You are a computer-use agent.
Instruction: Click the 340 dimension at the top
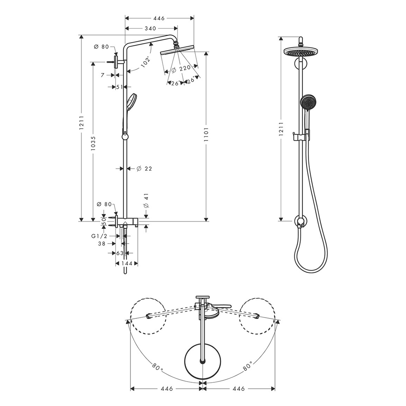point(150,29)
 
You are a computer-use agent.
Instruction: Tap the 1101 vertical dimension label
point(206,134)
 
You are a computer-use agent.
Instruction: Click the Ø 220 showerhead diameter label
point(181,69)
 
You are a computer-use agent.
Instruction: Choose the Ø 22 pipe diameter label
point(144,169)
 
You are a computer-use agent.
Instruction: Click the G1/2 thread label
point(99,236)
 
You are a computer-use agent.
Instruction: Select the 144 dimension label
point(127,264)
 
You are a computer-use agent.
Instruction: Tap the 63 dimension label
point(120,253)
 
